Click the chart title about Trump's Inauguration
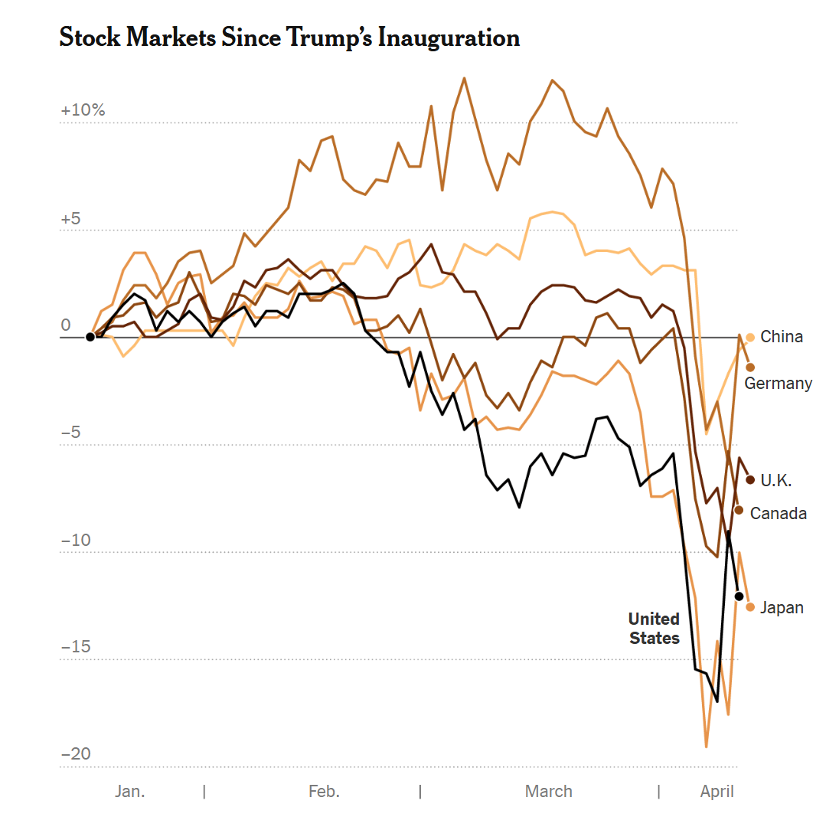point(289,38)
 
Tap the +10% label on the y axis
point(83,110)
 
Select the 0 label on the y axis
point(66,325)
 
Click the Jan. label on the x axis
point(130,791)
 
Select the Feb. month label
point(324,791)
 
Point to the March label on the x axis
point(548,791)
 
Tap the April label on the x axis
point(717,791)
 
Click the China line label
point(782,337)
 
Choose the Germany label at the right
point(779,383)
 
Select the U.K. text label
point(775,481)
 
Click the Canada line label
point(778,513)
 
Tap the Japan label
point(782,608)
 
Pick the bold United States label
point(654,628)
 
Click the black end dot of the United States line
point(739,596)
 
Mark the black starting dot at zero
point(90,337)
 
